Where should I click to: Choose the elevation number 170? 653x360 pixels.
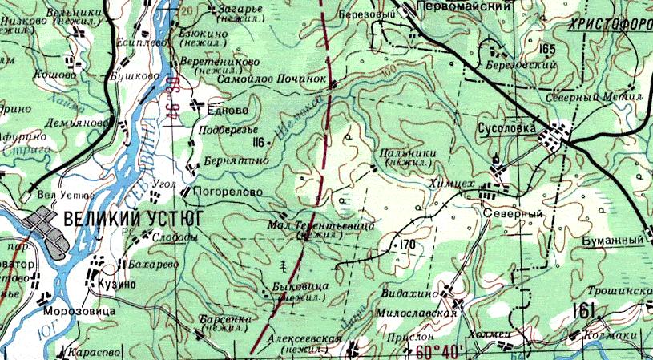407,244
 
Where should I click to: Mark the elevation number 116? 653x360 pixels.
257,142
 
